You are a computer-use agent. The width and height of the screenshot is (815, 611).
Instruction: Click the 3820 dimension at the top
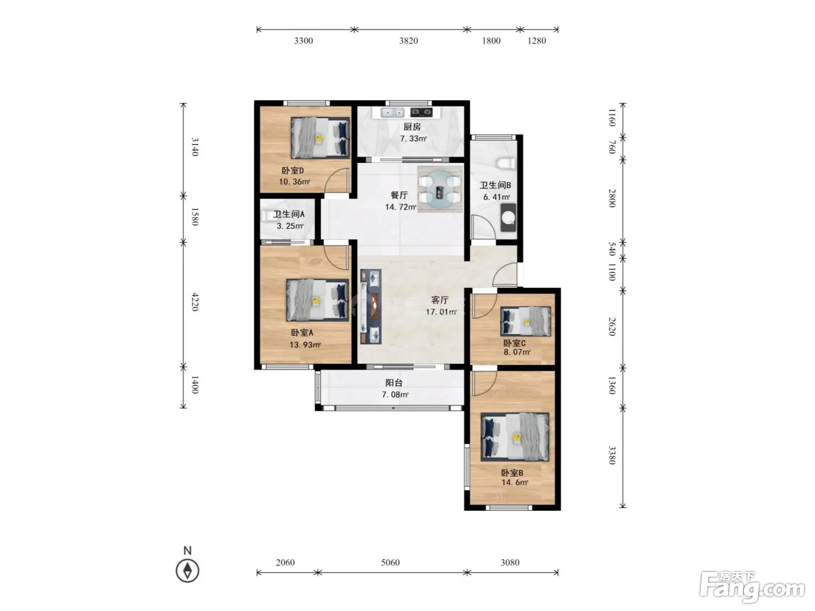tap(409, 40)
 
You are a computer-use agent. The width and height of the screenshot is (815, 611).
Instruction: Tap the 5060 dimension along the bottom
tap(390, 562)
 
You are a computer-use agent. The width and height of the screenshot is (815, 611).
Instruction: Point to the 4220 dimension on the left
tap(195, 302)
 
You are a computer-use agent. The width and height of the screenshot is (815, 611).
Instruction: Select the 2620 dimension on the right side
tap(612, 326)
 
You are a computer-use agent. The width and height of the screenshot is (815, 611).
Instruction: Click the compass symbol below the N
tap(187, 571)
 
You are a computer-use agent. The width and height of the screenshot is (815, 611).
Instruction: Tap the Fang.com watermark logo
tap(752, 587)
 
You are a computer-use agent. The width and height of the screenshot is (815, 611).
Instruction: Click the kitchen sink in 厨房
tap(392, 112)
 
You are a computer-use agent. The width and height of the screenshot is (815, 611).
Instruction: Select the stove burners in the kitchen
tap(421, 112)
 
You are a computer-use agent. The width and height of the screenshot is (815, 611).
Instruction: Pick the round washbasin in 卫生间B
tap(508, 218)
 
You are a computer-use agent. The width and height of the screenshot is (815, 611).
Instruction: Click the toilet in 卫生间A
tap(266, 216)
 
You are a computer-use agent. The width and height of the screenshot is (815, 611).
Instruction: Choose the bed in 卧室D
tap(320, 138)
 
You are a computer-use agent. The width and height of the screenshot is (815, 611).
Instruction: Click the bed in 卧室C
tap(526, 321)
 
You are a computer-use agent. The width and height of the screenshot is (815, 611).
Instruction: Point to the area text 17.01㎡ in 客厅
tap(441, 312)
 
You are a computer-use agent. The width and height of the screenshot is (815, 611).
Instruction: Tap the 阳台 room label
tap(394, 383)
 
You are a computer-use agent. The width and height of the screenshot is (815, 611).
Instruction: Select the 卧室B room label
tap(512, 473)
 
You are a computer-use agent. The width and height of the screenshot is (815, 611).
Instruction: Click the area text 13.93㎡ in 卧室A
tap(305, 344)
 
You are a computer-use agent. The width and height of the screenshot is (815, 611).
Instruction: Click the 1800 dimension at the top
tap(491, 40)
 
